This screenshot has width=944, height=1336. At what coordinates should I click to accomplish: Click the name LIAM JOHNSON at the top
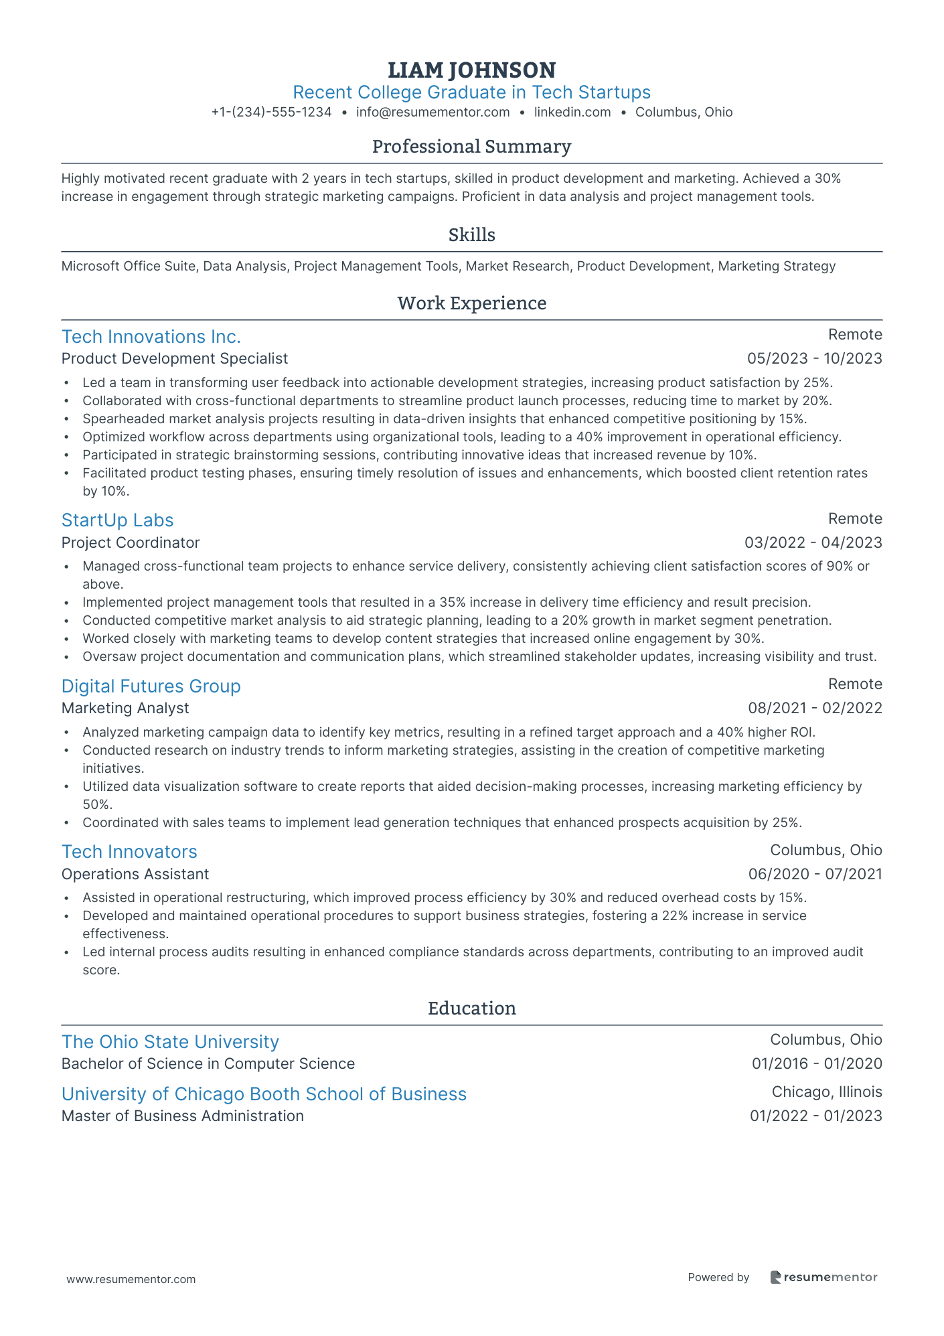(x=471, y=70)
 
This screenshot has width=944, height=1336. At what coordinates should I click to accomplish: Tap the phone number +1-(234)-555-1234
(x=271, y=113)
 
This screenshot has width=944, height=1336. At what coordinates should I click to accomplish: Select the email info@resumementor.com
(x=432, y=113)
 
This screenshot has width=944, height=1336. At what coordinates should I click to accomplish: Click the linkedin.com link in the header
(x=572, y=113)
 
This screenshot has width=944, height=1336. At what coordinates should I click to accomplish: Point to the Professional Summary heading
(x=471, y=147)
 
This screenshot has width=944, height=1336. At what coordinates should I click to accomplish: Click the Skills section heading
(x=471, y=235)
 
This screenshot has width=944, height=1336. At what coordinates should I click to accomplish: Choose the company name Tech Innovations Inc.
(x=151, y=336)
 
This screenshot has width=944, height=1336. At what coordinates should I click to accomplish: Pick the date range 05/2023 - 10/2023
(x=814, y=359)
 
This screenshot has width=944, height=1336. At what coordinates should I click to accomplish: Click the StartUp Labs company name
(x=117, y=520)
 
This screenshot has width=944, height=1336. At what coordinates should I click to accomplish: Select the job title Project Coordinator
(x=131, y=542)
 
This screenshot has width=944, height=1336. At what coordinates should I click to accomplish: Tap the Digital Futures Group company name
(x=151, y=686)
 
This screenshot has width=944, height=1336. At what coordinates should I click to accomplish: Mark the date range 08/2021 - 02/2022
(x=815, y=709)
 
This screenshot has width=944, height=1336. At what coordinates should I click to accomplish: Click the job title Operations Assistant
(x=135, y=874)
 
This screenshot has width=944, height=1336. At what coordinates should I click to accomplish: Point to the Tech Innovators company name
(x=129, y=852)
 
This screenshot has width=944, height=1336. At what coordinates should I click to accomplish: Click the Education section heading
(x=471, y=1009)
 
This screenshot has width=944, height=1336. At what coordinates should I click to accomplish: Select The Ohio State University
(x=170, y=1042)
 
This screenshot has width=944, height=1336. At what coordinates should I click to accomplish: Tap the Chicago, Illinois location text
(x=826, y=1092)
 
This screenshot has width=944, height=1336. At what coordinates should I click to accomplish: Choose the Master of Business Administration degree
(x=183, y=1116)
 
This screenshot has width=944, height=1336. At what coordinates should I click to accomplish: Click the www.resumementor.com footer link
(x=131, y=1279)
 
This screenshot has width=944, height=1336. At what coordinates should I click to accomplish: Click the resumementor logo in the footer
(x=823, y=1277)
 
